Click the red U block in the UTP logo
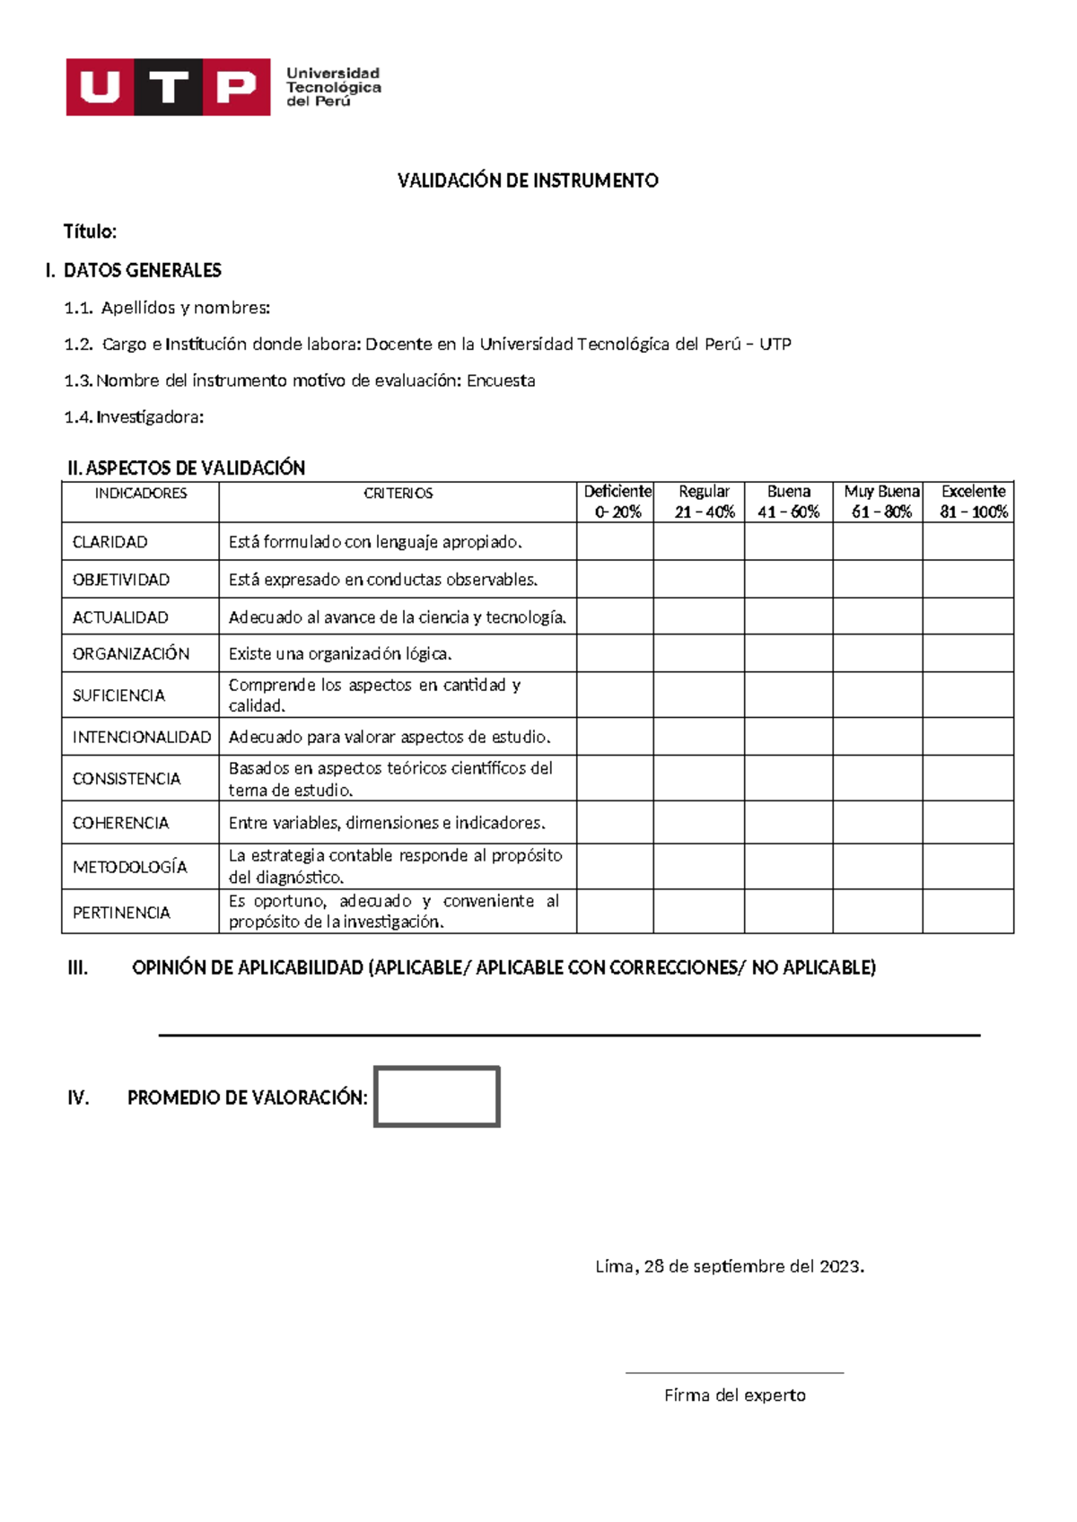point(100,87)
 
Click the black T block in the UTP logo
point(168,87)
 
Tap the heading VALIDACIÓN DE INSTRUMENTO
point(528,180)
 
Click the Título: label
point(90,232)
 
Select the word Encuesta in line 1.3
point(501,380)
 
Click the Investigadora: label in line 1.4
point(150,417)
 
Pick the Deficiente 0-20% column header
point(617,502)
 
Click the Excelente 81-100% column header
point(973,502)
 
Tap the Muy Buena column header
point(880,502)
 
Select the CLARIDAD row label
point(110,542)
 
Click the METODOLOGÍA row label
point(130,867)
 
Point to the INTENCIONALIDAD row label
point(141,737)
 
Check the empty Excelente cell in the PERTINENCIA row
point(968,912)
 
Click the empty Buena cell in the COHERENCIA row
point(788,822)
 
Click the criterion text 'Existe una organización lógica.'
point(340,654)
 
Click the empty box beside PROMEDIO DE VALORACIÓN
point(436,1097)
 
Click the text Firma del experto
point(734,1395)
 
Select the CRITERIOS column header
point(398,494)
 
